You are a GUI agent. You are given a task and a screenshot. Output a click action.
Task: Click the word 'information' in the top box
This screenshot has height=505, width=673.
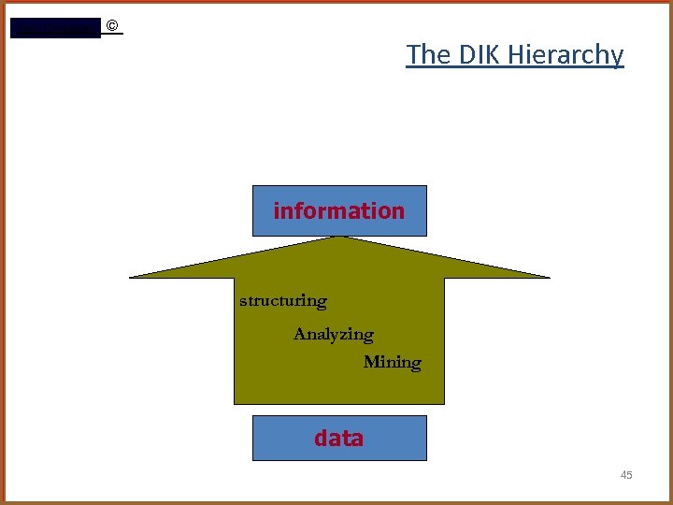(338, 211)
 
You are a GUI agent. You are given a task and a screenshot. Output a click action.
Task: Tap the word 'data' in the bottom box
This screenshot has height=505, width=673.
(338, 438)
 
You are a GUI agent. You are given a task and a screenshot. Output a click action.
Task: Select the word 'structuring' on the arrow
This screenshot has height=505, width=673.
(283, 301)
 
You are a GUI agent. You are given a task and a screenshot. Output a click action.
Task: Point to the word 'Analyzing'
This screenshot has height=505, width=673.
(333, 334)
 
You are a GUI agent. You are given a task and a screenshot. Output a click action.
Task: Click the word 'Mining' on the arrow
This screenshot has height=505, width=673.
(392, 362)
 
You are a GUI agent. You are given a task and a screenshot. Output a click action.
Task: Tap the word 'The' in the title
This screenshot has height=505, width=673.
(428, 54)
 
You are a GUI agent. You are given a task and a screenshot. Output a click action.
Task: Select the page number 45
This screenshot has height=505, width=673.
(626, 476)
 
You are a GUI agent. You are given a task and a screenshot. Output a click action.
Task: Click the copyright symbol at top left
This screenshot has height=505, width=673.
(112, 26)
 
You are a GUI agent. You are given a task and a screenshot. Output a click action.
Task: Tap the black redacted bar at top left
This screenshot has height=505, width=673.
(54, 28)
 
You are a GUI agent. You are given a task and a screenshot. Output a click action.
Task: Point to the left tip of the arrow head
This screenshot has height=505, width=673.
(131, 277)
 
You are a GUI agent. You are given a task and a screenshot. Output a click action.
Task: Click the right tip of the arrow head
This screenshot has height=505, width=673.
(549, 277)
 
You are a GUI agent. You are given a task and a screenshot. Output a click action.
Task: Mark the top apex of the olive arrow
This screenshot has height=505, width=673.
(342, 237)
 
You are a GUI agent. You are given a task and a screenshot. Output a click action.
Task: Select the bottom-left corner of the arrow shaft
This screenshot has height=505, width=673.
(235, 403)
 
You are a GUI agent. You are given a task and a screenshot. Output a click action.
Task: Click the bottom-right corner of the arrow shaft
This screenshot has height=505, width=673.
(443, 403)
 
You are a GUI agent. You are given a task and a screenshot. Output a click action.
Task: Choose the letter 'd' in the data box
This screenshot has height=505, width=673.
(321, 438)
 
